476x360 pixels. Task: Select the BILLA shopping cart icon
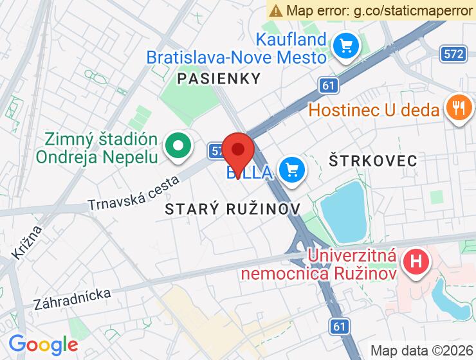[291, 170]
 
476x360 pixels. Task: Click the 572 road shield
[454, 54]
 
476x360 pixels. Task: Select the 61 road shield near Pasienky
[329, 85]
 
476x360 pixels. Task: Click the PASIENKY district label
[219, 79]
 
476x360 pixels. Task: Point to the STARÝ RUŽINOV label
[233, 209]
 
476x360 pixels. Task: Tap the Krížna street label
[26, 241]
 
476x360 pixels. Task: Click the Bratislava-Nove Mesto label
[237, 57]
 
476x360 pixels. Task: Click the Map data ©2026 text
[421, 350]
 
